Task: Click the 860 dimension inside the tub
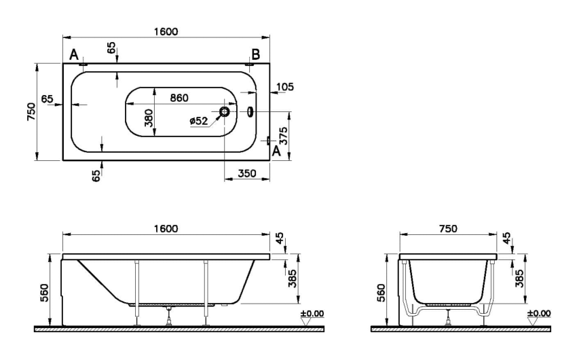179,98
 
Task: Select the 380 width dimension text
149,118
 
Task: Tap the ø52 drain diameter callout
199,121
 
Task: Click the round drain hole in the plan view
225,111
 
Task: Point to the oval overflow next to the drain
250,111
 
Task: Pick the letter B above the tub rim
255,54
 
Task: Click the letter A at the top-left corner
74,55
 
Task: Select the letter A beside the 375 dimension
276,151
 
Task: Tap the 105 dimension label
285,87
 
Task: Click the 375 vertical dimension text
284,136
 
